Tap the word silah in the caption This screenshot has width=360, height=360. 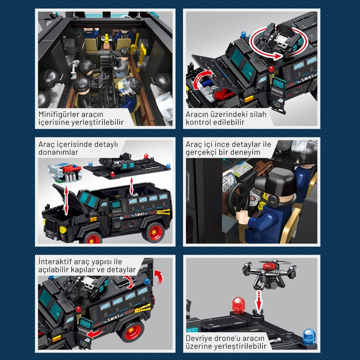click(x=258, y=114)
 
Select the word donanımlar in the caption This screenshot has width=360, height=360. click(x=58, y=152)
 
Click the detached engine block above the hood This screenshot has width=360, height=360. click(x=64, y=173)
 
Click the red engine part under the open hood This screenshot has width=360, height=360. click(x=223, y=93)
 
